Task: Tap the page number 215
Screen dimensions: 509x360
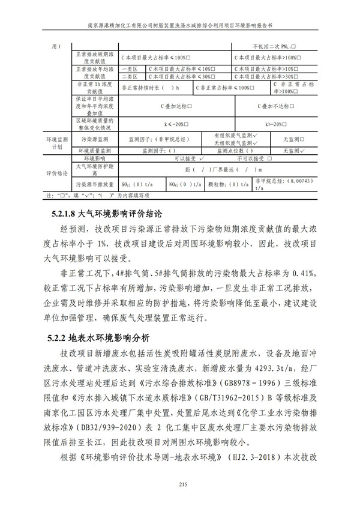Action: point(179,485)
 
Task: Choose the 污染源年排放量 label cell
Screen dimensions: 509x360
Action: point(95,185)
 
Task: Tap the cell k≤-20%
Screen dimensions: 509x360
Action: point(175,124)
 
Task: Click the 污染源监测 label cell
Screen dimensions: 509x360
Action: point(95,139)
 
